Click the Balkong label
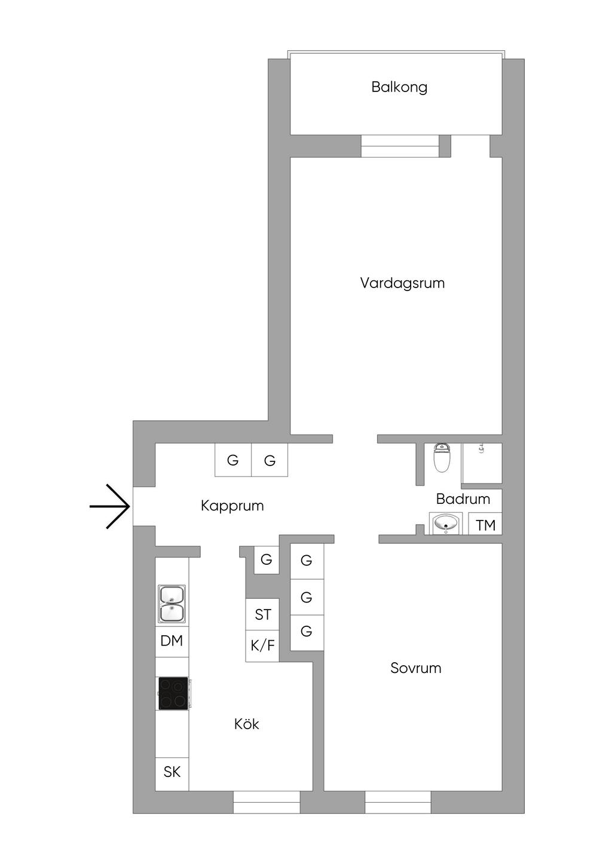point(399,87)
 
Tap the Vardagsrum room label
point(402,283)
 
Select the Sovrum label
point(415,668)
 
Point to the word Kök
point(246,724)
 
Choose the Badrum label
point(463,498)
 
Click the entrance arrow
point(109,506)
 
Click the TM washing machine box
point(485,524)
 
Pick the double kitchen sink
point(172,604)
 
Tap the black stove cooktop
point(173,693)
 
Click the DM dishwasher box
point(172,641)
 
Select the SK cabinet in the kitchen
point(172,772)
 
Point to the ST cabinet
point(262,614)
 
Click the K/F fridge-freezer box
point(262,646)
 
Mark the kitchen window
point(267,802)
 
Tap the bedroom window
point(398,802)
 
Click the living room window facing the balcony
point(400,146)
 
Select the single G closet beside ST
point(267,560)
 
